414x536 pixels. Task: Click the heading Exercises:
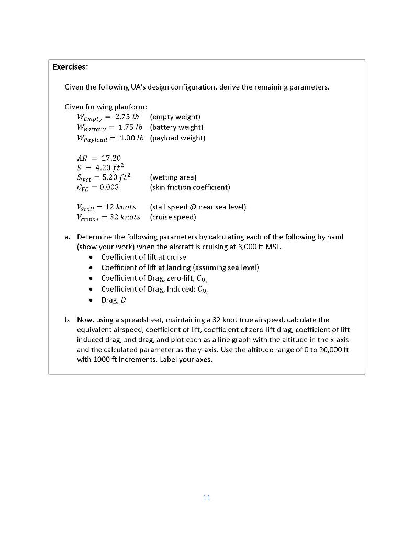(x=70, y=67)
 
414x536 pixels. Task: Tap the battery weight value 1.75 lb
(x=129, y=127)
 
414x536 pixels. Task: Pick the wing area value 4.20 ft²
(x=111, y=167)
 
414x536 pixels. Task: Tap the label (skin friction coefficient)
(x=189, y=187)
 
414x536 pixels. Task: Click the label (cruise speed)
(x=173, y=217)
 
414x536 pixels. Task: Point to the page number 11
(x=207, y=498)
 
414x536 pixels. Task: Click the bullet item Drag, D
(x=114, y=300)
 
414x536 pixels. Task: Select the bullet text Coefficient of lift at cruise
(x=143, y=257)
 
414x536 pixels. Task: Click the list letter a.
(x=68, y=237)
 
